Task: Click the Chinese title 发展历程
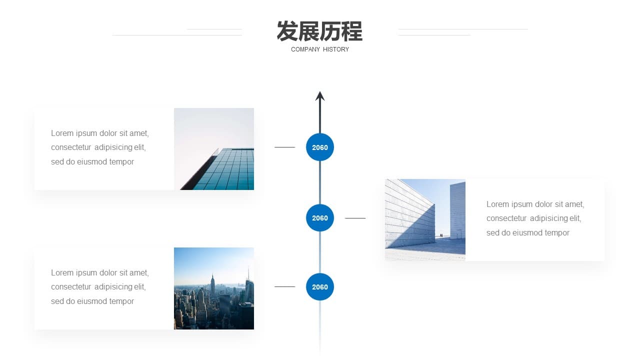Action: [x=319, y=31]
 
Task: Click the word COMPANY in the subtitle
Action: [x=305, y=49]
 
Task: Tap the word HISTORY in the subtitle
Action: [x=336, y=49]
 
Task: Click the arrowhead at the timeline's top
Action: [x=320, y=96]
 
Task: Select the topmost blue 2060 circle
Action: [x=320, y=147]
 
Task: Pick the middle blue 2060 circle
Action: [x=320, y=218]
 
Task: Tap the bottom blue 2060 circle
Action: [x=320, y=287]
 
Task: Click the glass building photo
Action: [x=214, y=149]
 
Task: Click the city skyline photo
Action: [x=214, y=288]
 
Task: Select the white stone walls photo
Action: [x=425, y=219]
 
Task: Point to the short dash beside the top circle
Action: [x=285, y=147]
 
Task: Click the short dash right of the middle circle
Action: [x=355, y=218]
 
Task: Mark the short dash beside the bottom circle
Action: [x=285, y=286]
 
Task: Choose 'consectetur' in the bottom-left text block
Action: [x=71, y=286]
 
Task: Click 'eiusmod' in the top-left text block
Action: [x=92, y=161]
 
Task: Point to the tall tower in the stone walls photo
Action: [x=457, y=210]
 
